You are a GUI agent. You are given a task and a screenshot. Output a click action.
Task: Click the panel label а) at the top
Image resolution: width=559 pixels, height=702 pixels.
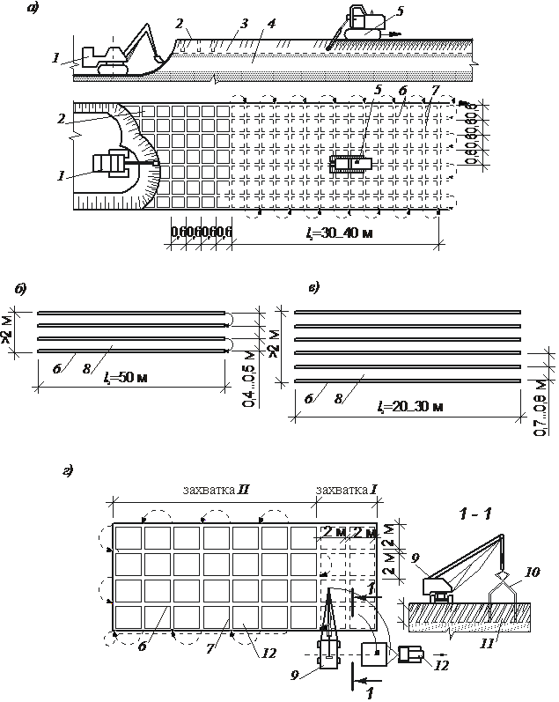[x=33, y=10]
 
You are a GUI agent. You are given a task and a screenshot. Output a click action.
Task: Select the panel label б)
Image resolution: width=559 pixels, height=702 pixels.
[x=20, y=289]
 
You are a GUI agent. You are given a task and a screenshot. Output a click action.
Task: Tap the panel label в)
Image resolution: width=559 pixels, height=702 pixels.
[x=313, y=288]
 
